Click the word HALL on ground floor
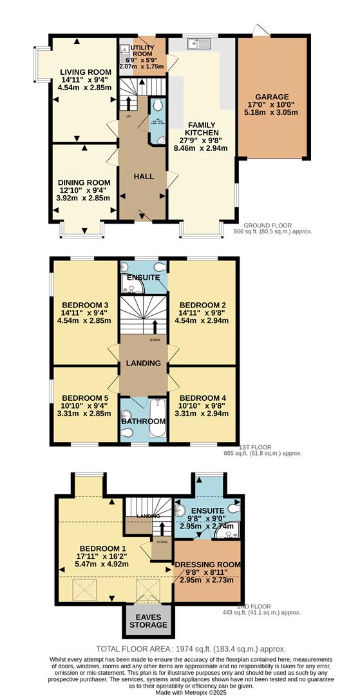pos(143,176)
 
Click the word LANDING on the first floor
pos(144,363)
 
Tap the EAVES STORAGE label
pos(147,621)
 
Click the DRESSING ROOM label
pos(208,565)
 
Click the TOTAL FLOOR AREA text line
pos(191,649)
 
